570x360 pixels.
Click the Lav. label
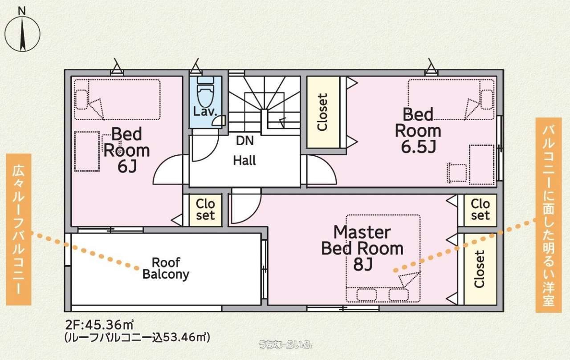pos(205,112)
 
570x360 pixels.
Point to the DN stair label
pos(245,141)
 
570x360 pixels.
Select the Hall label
pos(244,161)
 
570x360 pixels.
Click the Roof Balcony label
pos(166,268)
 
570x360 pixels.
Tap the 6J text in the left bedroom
pos(127,167)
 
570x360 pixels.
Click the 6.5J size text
pos(418,147)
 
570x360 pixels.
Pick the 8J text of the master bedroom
pos(363,265)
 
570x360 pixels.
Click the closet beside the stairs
pos(323,112)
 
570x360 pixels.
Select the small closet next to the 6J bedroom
pos(206,210)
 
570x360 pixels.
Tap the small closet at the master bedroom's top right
pos(480,210)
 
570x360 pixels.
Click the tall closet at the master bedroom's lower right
pos(480,269)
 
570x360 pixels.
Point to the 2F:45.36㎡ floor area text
pos(99,325)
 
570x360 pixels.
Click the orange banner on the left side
pos(19,229)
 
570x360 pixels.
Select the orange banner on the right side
pos(548,215)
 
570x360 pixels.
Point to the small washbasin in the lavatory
pos(219,121)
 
